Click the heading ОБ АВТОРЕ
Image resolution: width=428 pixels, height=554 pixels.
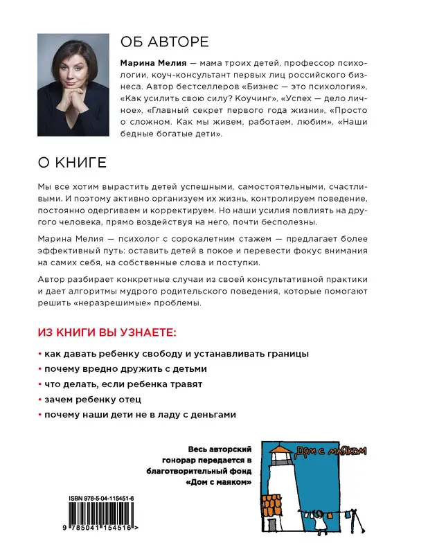pyautogui.click(x=164, y=41)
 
